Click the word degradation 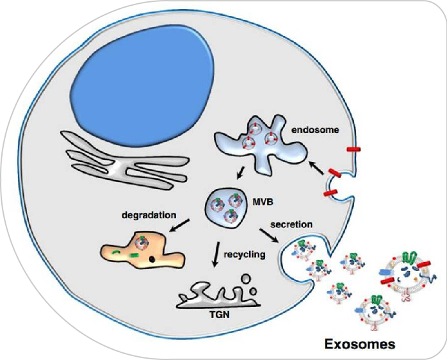[x=149, y=215]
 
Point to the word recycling [x=244, y=254]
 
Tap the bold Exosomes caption [x=359, y=344]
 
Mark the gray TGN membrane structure [x=211, y=297]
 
